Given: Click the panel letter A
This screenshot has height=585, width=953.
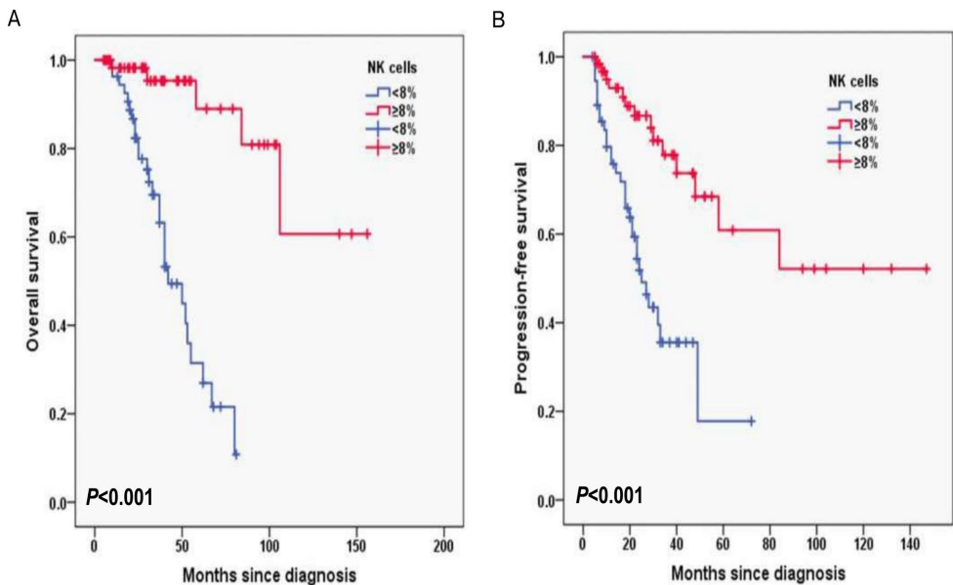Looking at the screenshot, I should [x=14, y=20].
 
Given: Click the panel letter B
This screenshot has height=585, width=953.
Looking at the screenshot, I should [x=498, y=20].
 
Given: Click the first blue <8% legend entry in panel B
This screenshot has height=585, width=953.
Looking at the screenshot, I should [x=858, y=105].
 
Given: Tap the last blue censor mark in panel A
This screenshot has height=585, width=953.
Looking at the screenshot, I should [x=235, y=454].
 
